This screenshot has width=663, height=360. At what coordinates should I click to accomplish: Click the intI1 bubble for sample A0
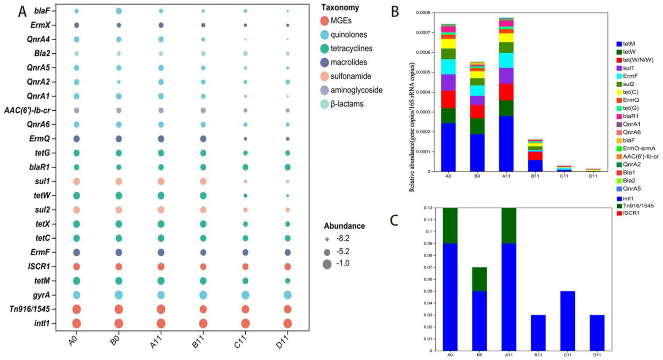tap(76, 323)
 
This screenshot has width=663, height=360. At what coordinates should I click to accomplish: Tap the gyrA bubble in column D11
tap(287, 295)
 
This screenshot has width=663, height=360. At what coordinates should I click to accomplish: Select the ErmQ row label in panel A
tap(40, 139)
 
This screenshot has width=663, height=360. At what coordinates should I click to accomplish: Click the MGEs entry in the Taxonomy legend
tap(341, 21)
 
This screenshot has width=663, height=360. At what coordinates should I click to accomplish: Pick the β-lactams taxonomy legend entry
tap(347, 104)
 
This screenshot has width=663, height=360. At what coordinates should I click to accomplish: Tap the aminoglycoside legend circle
tap(325, 90)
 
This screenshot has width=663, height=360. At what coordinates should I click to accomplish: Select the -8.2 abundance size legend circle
tap(327, 239)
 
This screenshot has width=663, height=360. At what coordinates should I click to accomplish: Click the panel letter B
tap(395, 12)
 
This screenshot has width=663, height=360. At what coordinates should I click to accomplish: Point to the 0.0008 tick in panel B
tap(424, 13)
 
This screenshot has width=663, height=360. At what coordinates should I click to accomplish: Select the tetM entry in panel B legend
tap(628, 44)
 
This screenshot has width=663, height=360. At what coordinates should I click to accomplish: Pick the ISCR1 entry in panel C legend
tap(631, 213)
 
